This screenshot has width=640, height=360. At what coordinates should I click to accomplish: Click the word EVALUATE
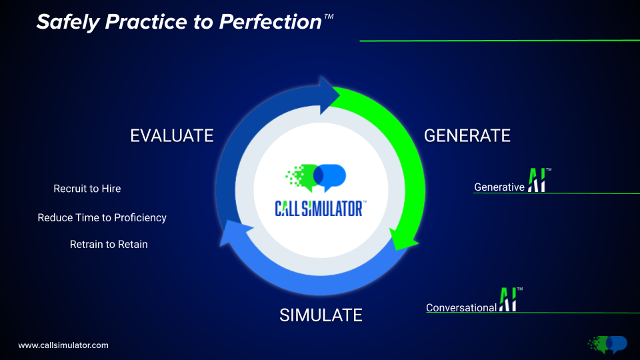172,135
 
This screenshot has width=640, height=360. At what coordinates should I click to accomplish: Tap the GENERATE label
467,135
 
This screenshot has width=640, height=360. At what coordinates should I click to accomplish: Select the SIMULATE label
321,315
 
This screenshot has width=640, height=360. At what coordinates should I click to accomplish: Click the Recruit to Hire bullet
87,189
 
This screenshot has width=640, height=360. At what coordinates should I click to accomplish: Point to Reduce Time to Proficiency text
102,217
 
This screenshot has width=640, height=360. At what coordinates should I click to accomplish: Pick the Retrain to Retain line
109,245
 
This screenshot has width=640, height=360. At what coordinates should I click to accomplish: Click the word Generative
499,187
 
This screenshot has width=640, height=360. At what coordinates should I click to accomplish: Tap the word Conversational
461,308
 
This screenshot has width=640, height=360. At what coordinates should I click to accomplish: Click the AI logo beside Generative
537,180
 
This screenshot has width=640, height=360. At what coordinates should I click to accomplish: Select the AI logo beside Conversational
509,299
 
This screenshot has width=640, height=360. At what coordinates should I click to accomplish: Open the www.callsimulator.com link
63,345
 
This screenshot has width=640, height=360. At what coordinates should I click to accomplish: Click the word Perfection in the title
270,22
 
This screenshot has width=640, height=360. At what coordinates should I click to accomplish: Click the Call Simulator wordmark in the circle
320,209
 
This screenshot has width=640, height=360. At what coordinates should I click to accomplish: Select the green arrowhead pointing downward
401,238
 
